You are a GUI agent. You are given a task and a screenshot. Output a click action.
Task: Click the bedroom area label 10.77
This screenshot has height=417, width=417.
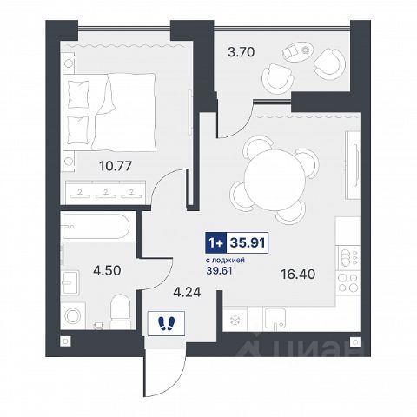point(116,166)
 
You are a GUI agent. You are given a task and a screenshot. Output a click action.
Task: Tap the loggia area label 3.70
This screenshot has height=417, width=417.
point(241,52)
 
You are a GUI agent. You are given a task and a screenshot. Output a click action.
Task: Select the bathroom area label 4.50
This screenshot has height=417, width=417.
point(107,270)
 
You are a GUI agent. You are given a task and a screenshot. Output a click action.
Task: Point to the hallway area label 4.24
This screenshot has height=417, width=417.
point(187,292)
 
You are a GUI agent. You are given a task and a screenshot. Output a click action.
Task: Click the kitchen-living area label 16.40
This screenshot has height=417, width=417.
point(298,274)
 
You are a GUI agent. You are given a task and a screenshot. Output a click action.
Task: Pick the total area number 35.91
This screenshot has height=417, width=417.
point(248,243)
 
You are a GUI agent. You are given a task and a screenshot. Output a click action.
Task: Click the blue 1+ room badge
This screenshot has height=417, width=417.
point(216,243)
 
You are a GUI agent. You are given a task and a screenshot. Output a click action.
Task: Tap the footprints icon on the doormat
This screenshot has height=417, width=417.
point(166,323)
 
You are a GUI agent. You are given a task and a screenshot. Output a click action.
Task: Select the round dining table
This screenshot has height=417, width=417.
point(275,180)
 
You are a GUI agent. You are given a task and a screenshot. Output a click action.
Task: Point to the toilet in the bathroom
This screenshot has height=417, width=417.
point(121,312)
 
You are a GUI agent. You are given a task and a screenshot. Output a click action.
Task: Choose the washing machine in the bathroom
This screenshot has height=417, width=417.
point(73,315)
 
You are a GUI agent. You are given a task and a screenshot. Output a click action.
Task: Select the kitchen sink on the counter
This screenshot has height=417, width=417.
point(275,319)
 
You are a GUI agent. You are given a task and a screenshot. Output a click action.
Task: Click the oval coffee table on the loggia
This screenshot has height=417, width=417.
point(298,51)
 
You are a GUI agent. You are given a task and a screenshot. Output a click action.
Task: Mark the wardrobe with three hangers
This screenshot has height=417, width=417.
point(105,193)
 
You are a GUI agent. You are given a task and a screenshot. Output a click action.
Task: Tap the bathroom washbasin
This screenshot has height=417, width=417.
point(69,282)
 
